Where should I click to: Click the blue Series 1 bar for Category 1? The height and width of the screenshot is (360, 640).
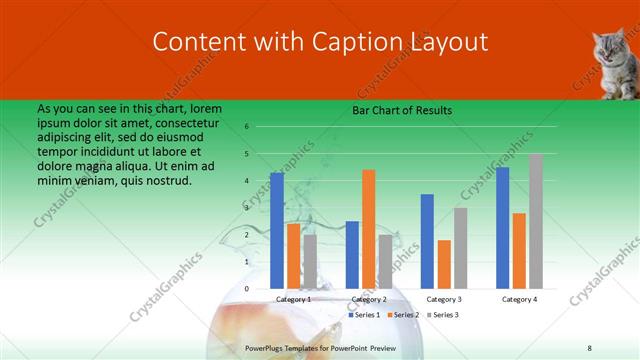277,231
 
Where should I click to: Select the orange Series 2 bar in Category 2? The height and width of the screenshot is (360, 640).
368,229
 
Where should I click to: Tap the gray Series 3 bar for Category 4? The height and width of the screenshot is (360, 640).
536,221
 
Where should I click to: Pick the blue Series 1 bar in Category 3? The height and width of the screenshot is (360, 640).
427,241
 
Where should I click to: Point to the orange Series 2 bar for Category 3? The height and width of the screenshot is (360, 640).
444,264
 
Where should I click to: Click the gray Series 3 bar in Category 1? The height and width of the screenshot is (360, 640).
310,262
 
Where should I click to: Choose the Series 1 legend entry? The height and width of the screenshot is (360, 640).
366,315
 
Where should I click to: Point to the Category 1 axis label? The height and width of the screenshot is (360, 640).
293,299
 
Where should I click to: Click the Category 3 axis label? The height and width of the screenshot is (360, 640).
444,299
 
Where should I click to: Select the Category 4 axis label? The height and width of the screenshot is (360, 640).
519,299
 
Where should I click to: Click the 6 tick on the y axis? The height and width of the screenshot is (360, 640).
246,127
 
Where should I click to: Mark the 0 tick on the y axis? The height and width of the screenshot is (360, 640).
246,289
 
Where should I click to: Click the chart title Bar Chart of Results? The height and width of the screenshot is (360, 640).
403,110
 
